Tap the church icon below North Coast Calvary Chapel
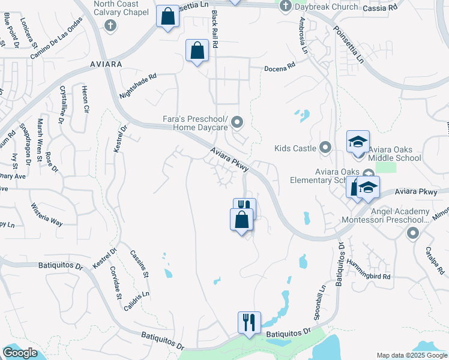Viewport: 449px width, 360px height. [109, 25]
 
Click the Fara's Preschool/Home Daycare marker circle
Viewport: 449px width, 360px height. [238, 124]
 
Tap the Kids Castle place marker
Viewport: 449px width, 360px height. [325, 147]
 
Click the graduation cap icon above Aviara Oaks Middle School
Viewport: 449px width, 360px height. [358, 142]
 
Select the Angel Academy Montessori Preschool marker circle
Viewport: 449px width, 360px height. [412, 233]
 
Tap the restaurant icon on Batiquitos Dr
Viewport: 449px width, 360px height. [249, 322]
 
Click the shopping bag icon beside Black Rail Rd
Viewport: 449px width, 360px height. [197, 51]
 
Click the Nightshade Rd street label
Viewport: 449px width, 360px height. [137, 86]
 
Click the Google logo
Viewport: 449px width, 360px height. [20, 353]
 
